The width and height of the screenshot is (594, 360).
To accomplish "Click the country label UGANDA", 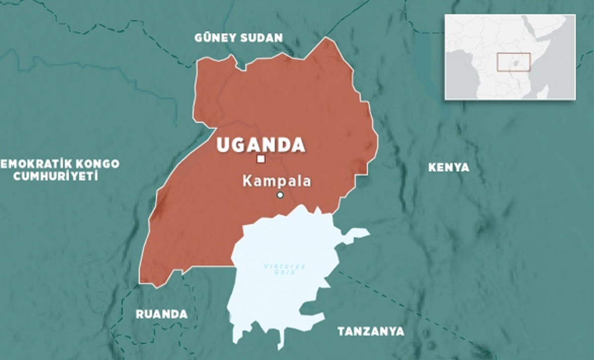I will (261, 145).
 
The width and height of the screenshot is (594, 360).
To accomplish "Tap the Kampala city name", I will (277, 181).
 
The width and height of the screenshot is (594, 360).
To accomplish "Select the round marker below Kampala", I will (280, 195).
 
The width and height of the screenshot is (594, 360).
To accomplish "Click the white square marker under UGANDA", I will (261, 159).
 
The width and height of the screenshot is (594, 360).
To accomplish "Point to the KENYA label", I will (448, 167).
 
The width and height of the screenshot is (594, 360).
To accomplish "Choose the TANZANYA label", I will (371, 331).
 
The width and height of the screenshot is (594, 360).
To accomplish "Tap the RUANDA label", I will (162, 314).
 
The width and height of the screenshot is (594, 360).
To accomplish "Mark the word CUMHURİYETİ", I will (55, 176).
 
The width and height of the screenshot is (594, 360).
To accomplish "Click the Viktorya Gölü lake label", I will (284, 269).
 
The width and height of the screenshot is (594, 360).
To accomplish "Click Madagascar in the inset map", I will (543, 92).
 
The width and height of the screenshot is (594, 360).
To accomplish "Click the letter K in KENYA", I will (431, 167).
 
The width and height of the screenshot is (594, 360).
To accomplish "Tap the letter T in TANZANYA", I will (341, 331).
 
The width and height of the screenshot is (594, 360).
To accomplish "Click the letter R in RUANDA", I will (140, 314).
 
